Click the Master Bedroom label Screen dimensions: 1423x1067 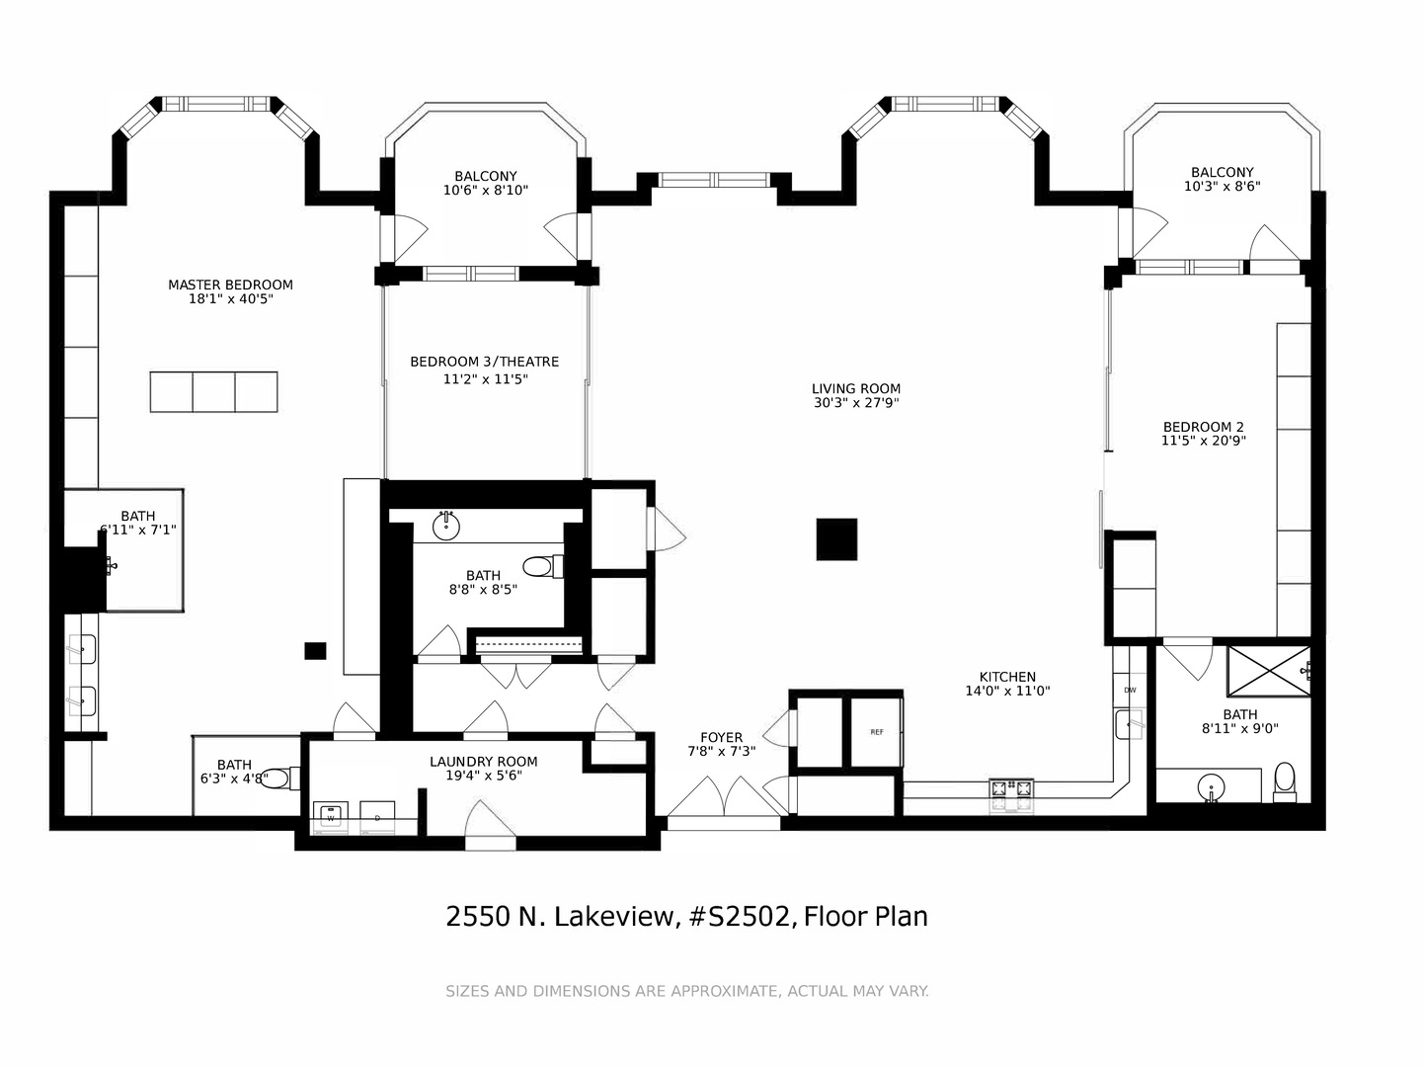click(230, 285)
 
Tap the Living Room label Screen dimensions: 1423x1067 click(856, 388)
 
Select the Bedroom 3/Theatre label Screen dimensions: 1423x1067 click(484, 362)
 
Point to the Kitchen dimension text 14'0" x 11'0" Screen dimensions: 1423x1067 click(1007, 692)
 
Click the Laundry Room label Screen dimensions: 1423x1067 click(484, 762)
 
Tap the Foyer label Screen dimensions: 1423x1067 click(722, 737)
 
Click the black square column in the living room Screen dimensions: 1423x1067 click(836, 539)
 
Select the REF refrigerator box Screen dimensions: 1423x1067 click(877, 732)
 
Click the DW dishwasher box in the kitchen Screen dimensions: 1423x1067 click(1130, 691)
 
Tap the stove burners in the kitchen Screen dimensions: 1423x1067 click(1011, 789)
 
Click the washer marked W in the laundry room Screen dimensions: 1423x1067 click(331, 815)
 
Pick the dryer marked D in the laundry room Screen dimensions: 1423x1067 click(377, 815)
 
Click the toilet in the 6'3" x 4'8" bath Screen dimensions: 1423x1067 click(280, 779)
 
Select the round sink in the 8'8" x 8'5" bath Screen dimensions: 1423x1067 click(446, 526)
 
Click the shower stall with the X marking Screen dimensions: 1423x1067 click(1269, 672)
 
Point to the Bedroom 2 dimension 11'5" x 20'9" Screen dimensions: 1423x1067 click(1204, 441)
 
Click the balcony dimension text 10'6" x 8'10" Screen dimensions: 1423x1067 click(486, 191)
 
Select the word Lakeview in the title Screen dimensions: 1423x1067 click(613, 917)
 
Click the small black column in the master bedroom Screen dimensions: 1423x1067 click(315, 651)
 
